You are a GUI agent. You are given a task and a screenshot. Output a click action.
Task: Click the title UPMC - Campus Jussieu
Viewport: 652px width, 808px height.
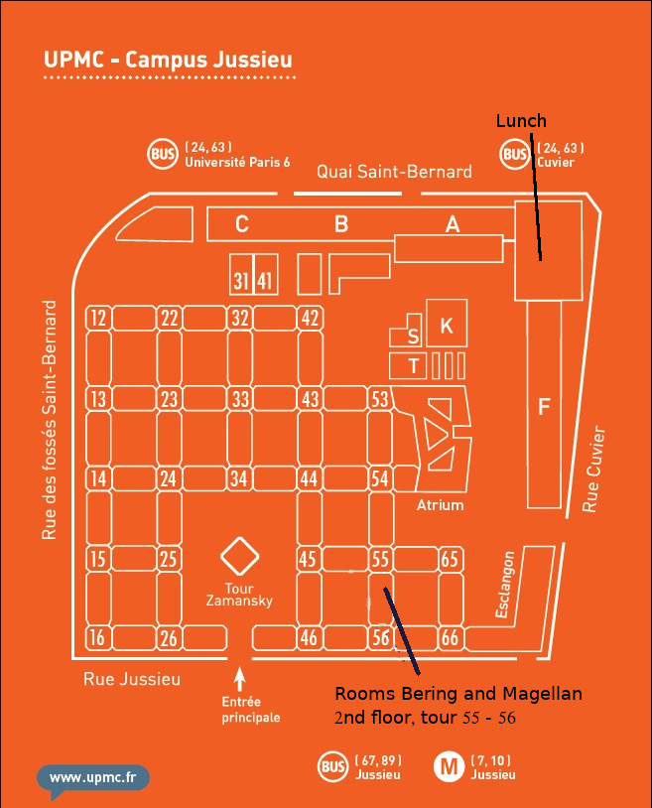168,61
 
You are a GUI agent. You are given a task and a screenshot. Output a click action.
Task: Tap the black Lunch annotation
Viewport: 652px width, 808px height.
521,121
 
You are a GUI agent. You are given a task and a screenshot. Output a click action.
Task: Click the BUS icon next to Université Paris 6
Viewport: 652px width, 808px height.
162,154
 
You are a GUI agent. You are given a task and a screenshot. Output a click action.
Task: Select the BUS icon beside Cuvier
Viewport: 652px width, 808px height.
514,154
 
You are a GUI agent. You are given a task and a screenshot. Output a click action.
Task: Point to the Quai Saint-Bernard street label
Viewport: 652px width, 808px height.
394,172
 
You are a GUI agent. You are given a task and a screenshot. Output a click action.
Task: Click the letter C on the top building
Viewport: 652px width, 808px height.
241,224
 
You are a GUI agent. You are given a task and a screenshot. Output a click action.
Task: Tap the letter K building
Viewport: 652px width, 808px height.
447,326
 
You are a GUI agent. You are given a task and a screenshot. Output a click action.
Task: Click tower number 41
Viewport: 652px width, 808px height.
264,281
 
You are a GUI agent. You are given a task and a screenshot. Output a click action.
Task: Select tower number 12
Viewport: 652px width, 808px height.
97,319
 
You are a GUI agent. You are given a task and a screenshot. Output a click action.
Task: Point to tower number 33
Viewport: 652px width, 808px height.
240,399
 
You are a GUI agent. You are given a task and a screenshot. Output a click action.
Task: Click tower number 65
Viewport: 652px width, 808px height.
451,559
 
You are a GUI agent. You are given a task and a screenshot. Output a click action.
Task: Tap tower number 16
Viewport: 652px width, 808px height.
97,638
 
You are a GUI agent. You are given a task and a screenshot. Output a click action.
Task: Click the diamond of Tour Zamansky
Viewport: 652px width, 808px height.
239,558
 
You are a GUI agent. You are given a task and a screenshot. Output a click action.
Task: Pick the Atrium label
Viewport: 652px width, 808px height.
440,505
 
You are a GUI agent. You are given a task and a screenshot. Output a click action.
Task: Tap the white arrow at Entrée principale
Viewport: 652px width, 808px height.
239,680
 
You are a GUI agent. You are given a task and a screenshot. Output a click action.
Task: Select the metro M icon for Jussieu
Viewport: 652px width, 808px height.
449,766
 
